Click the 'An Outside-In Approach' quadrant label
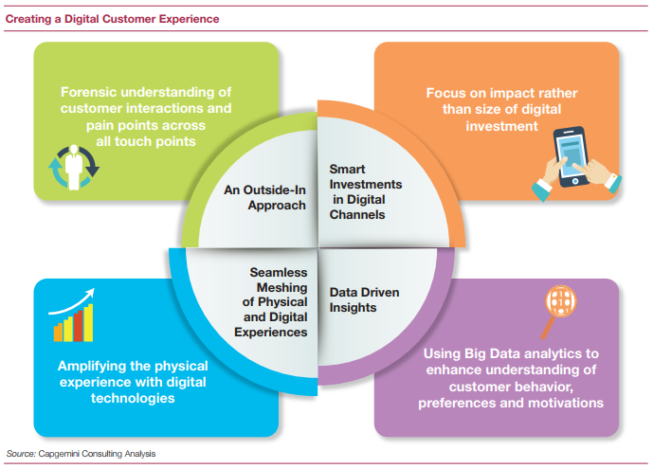click(x=265, y=196)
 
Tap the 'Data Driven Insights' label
click(x=366, y=299)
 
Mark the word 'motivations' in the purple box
click(x=565, y=404)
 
